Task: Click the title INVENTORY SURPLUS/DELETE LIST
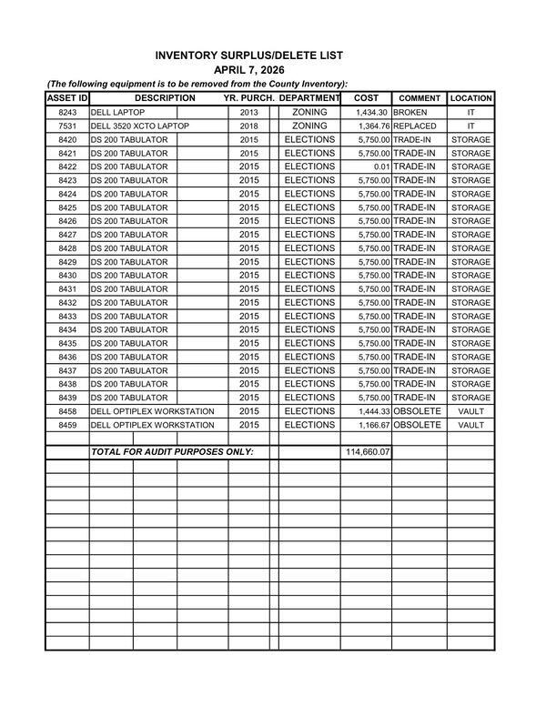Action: [x=248, y=55]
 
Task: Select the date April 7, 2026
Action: [x=248, y=70]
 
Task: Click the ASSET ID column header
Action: [x=66, y=97]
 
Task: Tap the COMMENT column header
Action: [x=420, y=98]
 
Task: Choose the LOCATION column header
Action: [x=470, y=98]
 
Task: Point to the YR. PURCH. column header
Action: [x=249, y=97]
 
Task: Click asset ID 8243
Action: [x=67, y=113]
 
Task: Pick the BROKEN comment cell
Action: [x=409, y=113]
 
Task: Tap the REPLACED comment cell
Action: [x=414, y=126]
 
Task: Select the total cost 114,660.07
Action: [x=367, y=452]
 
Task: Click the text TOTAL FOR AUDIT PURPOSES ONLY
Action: [x=171, y=452]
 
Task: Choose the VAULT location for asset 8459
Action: [x=470, y=425]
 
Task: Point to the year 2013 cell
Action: [x=249, y=113]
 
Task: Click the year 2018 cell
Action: [x=249, y=126]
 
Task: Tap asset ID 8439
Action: [x=67, y=398]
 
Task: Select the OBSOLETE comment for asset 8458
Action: [x=417, y=411]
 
